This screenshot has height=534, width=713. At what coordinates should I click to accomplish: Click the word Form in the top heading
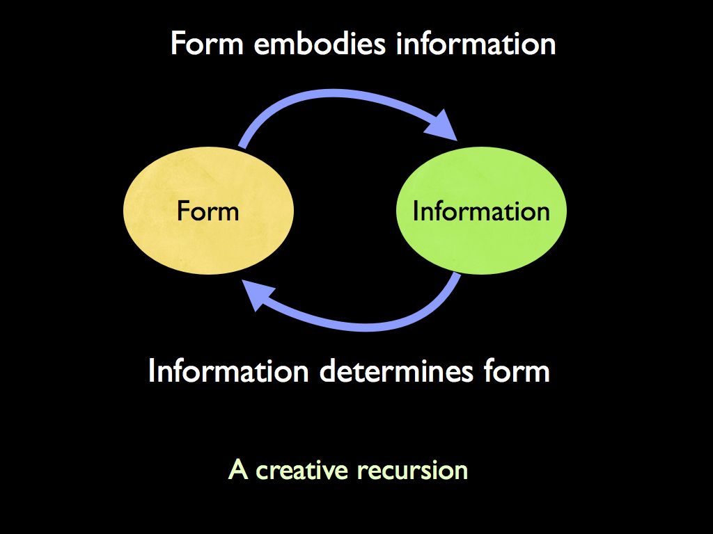coord(207,44)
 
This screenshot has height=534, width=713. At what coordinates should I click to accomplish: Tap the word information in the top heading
coord(476,44)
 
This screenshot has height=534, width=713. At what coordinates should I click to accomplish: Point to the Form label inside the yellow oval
coord(207,211)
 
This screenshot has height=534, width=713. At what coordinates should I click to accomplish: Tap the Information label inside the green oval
coord(481,211)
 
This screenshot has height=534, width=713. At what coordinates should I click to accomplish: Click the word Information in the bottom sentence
coord(228,371)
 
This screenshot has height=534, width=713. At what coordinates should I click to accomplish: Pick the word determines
coord(396,371)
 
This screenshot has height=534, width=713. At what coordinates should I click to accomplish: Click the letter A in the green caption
coord(238,471)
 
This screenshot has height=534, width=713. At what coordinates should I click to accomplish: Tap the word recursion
coord(412,471)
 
